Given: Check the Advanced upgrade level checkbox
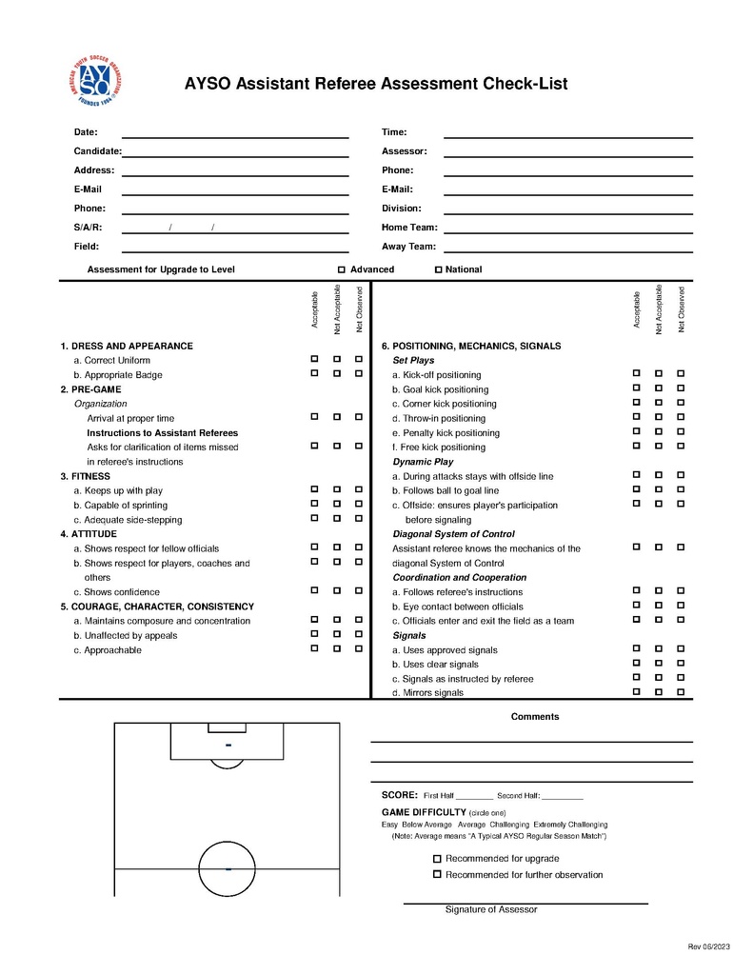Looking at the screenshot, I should (342, 269).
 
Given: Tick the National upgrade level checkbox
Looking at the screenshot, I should (439, 269).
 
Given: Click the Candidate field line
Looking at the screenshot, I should (235, 155).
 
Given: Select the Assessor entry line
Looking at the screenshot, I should (567, 155).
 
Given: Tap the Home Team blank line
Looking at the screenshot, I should (567, 231).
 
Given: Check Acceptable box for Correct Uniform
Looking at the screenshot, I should (314, 359).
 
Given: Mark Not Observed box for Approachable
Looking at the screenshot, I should (359, 648).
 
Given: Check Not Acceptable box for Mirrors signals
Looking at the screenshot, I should (658, 691).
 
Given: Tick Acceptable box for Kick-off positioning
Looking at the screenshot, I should (636, 373).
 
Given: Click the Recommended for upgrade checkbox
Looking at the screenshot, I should (437, 858).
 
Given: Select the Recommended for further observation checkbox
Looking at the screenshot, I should (437, 873).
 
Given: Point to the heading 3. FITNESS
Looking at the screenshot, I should (85, 476).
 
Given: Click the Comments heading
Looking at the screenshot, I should (535, 717).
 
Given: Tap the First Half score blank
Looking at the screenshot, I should (474, 796).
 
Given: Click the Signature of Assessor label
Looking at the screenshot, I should (491, 909).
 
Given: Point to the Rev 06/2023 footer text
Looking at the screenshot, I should (708, 946).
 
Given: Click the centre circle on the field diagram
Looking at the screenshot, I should (228, 868).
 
